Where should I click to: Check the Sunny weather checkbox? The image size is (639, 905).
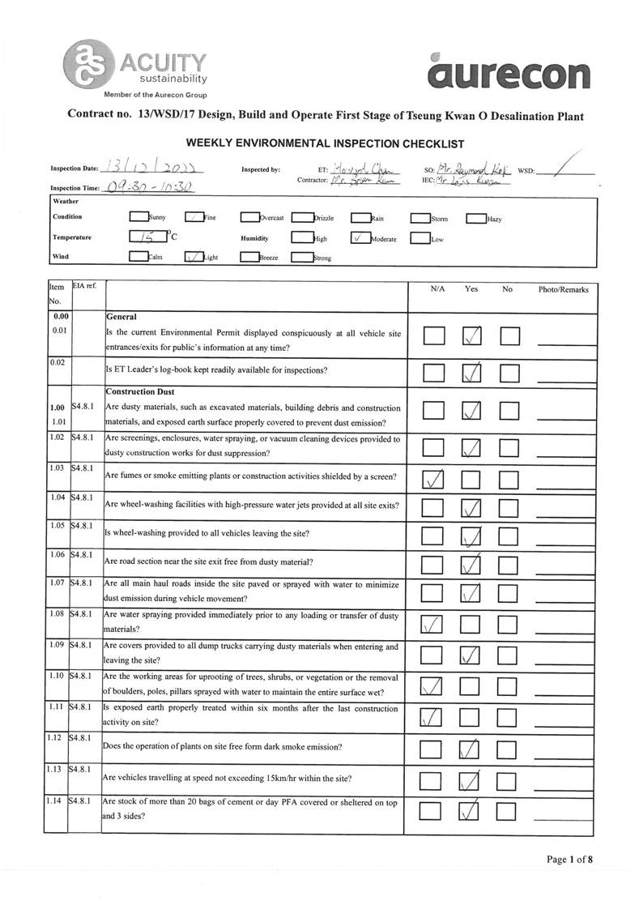pyautogui.click(x=138, y=217)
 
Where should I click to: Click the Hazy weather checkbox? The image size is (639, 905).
pyautogui.click(x=475, y=218)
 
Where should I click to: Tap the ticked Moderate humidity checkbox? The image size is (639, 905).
pyautogui.click(x=360, y=238)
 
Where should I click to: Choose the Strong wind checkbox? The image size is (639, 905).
pyautogui.click(x=301, y=258)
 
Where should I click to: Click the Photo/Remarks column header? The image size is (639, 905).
pyautogui.click(x=564, y=289)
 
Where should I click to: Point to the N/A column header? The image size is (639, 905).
pyautogui.click(x=434, y=289)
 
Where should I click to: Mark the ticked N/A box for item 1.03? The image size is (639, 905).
pyautogui.click(x=434, y=479)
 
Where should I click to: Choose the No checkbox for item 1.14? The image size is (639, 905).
pyautogui.click(x=508, y=811)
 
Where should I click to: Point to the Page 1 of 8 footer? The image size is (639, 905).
pyautogui.click(x=570, y=860)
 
